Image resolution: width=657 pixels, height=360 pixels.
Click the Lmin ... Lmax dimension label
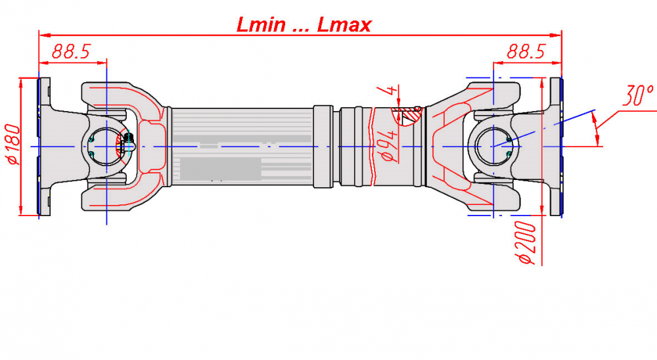click(304, 24)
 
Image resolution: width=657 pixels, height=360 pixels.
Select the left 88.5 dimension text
click(71, 51)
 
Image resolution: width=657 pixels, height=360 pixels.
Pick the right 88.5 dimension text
click(526, 51)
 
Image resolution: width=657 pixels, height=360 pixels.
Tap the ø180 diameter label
click(12, 144)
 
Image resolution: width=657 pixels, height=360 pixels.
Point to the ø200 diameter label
click(527, 243)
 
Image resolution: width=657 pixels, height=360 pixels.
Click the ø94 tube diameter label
click(388, 145)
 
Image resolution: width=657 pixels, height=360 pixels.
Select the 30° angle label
click(637, 95)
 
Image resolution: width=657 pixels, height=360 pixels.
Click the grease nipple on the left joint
click(128, 141)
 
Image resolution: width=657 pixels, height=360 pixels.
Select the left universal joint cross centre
click(106, 146)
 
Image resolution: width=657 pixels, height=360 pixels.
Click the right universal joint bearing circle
click(493, 146)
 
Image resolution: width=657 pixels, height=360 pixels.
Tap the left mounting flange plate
click(45, 146)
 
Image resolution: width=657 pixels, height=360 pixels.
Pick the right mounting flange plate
click(556, 146)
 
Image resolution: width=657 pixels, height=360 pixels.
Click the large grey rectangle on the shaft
click(220, 168)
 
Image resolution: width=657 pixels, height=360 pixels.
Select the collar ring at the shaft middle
click(323, 146)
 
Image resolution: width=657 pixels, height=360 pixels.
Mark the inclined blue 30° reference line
click(544, 128)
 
